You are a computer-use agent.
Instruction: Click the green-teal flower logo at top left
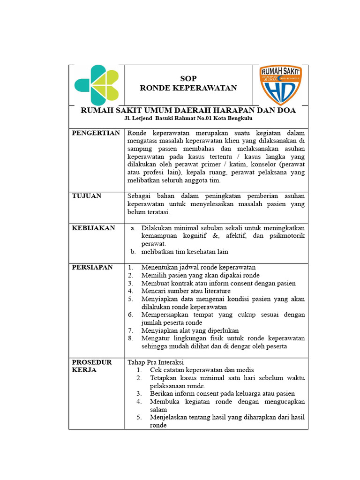pyautogui.click(x=97, y=85)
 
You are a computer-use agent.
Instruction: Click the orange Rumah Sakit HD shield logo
pyautogui.click(x=280, y=85)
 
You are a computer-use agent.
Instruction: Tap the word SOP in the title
pyautogui.click(x=188, y=79)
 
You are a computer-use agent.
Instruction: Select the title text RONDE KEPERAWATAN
pyautogui.click(x=188, y=88)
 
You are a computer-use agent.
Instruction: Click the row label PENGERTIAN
pyautogui.click(x=96, y=133)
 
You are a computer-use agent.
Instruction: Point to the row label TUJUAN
pyautogui.click(x=86, y=196)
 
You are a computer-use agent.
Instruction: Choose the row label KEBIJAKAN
pyautogui.click(x=93, y=228)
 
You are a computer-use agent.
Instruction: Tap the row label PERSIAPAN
pyautogui.click(x=92, y=267)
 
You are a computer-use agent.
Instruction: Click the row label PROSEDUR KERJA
pyautogui.click(x=91, y=366)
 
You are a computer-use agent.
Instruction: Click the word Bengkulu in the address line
pyautogui.click(x=240, y=119)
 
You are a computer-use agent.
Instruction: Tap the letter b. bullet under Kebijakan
pyautogui.click(x=133, y=252)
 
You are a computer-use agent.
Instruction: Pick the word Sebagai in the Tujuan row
pyautogui.click(x=139, y=196)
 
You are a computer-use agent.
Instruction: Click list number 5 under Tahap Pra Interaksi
pyautogui.click(x=139, y=417)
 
